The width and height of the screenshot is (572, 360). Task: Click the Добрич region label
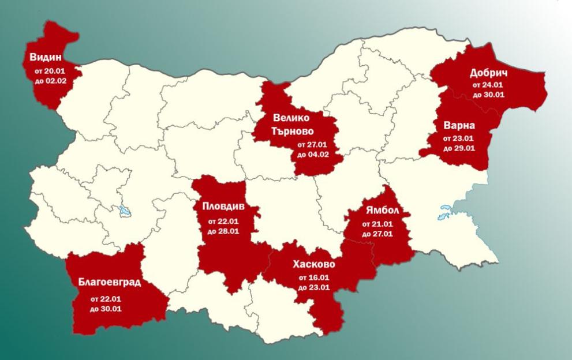(488, 73)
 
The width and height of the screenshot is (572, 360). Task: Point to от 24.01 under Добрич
(488, 85)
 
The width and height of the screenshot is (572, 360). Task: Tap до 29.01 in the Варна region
(459, 148)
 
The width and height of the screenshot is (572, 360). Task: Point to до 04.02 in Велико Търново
(313, 155)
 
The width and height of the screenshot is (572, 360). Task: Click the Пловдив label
(223, 207)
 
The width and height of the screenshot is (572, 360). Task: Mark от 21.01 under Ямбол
(378, 224)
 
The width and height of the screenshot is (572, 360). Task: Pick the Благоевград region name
(110, 283)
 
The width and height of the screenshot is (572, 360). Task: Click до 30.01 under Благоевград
(106, 309)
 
